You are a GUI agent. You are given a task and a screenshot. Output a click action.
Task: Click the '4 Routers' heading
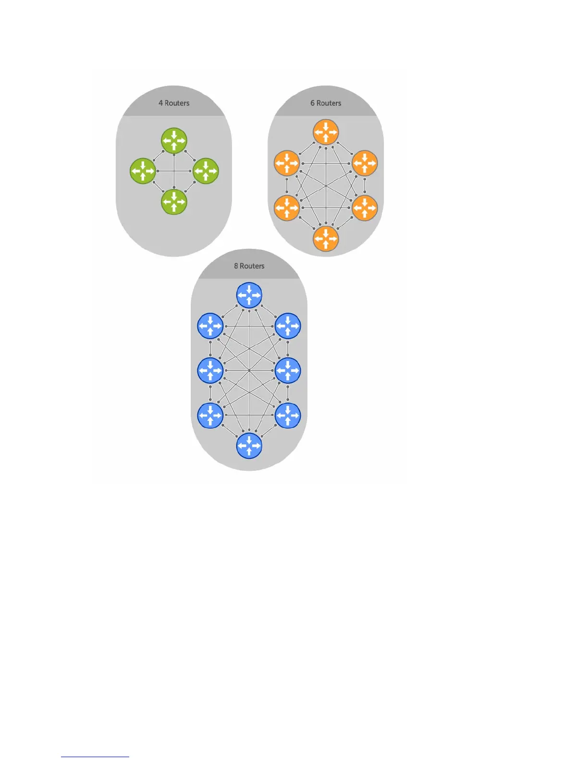click(x=174, y=103)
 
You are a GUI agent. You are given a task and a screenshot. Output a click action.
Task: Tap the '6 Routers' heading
click(x=326, y=103)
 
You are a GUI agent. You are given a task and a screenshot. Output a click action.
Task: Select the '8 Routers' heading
click(x=249, y=266)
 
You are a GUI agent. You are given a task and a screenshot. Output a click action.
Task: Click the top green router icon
click(x=174, y=140)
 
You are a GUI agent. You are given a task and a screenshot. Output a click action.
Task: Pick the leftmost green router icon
click(x=143, y=171)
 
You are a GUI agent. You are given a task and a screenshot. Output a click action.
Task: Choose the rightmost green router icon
click(x=206, y=171)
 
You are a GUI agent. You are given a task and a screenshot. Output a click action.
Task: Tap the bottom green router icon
click(x=174, y=202)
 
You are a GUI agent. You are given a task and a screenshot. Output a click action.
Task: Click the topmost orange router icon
click(x=326, y=132)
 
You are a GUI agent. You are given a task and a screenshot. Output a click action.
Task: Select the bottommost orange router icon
click(x=326, y=239)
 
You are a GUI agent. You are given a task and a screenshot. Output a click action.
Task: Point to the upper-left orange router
click(x=287, y=163)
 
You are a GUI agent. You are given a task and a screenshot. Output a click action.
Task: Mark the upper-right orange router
click(x=365, y=163)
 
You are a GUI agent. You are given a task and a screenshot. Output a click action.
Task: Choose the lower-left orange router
click(x=287, y=208)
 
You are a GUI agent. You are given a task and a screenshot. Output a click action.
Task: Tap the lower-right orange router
click(x=365, y=208)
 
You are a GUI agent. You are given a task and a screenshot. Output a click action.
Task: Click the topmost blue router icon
click(x=249, y=295)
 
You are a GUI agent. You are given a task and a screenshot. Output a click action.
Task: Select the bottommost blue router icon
click(x=249, y=446)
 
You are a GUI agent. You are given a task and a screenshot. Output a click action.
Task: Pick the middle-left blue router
click(x=210, y=370)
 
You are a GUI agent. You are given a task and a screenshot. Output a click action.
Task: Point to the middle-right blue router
click(x=288, y=370)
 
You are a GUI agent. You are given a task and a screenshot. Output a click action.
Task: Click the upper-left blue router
click(x=210, y=326)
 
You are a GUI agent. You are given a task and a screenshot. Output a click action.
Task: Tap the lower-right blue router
click(x=288, y=415)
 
